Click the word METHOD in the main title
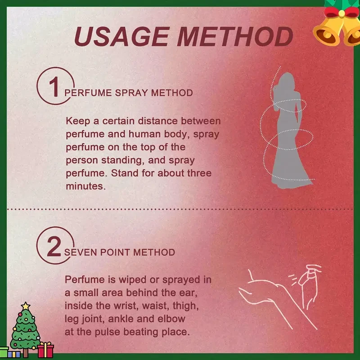click(235, 36)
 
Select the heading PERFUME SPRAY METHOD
click(129, 93)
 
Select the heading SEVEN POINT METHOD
click(120, 252)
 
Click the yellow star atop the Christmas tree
click(26, 306)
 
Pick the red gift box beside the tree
click(45, 350)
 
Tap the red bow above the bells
click(342, 13)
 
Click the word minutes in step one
click(86, 186)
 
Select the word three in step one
click(199, 173)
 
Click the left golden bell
click(327, 32)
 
